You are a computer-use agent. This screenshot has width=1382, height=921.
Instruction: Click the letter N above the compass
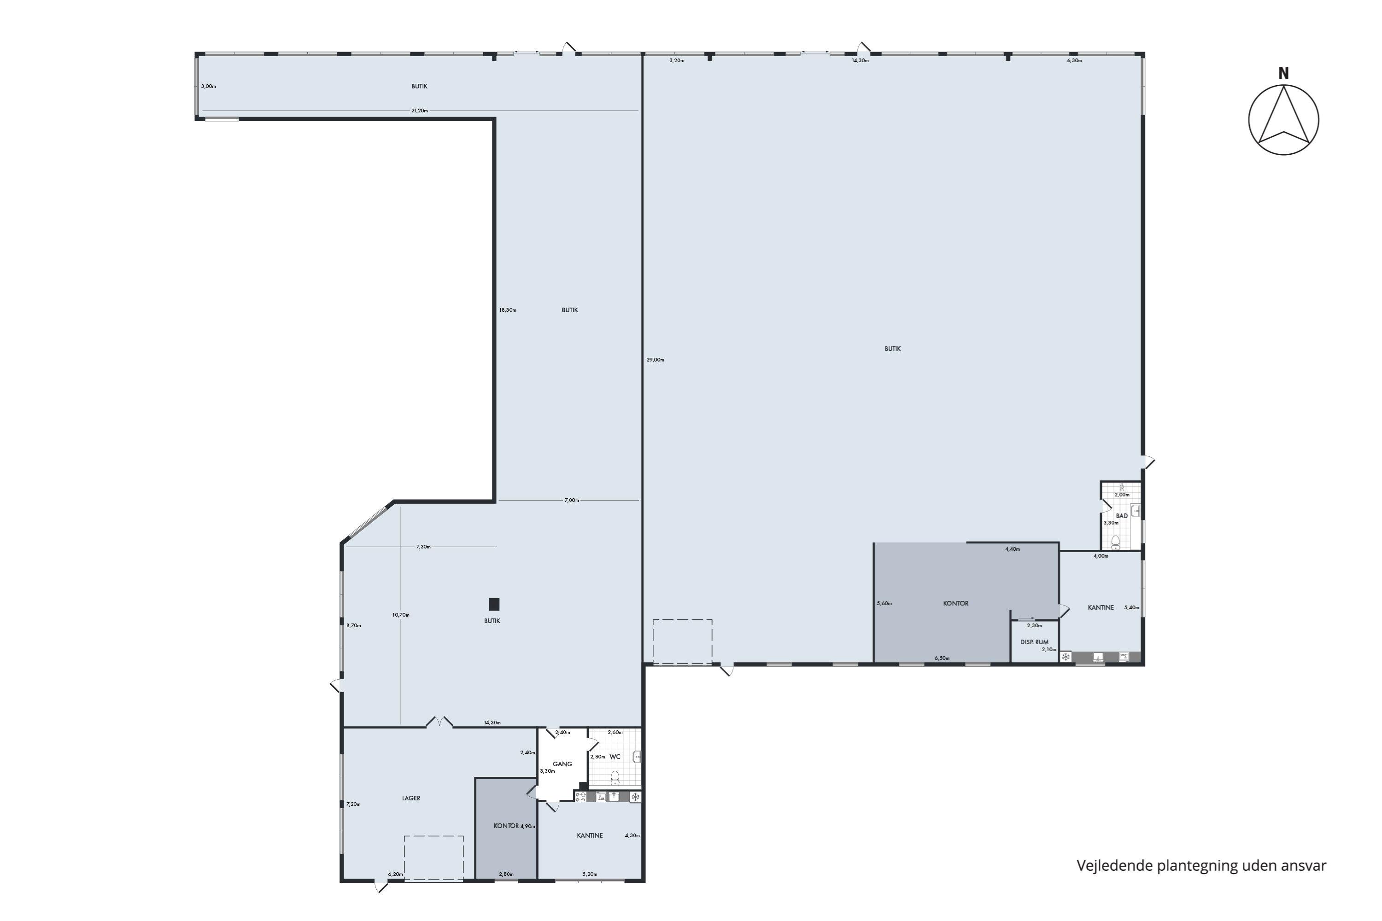click(1283, 73)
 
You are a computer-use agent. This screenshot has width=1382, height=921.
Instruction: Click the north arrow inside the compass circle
click(1284, 115)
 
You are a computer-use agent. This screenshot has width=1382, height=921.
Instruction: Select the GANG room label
click(562, 764)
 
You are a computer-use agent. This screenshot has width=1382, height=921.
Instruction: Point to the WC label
click(615, 757)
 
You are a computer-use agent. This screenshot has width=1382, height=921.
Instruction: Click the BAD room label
click(1122, 516)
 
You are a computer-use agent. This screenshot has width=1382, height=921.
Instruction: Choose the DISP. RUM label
click(1034, 642)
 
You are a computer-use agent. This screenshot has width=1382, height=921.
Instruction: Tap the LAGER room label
click(411, 798)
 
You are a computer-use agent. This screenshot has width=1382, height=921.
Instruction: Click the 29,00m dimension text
click(655, 360)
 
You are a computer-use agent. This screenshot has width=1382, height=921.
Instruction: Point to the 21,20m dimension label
click(420, 111)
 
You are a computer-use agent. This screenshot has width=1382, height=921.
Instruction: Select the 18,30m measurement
click(508, 310)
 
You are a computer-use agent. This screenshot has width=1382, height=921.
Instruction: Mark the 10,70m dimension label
click(401, 615)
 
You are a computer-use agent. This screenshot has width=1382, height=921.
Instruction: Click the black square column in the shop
click(494, 604)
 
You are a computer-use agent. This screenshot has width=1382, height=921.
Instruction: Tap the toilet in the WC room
click(615, 778)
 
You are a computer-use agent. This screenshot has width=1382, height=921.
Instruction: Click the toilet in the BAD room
click(1115, 542)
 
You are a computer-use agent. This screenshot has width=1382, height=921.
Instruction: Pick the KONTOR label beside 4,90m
click(506, 826)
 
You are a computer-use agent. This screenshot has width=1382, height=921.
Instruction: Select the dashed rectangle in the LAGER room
click(433, 858)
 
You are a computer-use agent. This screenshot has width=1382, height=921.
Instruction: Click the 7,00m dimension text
click(572, 501)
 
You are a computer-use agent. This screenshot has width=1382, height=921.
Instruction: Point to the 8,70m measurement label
click(354, 625)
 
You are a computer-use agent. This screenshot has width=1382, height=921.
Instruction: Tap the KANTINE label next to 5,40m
click(1101, 608)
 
